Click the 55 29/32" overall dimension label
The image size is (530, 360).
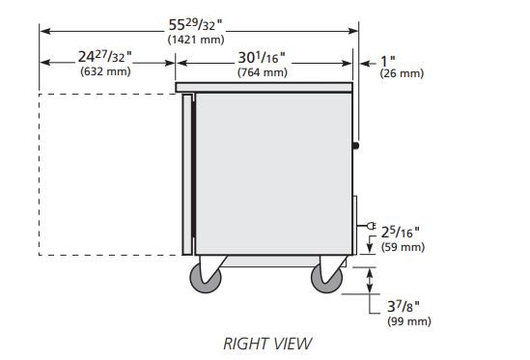coord(195,25)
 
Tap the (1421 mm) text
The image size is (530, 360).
coord(196,40)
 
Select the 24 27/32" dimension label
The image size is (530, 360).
coord(105,56)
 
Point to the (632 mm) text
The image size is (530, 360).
coord(105,71)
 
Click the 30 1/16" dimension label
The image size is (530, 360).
coord(262,58)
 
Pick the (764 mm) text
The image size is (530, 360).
coord(263,72)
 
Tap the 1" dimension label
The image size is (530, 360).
coord(388,62)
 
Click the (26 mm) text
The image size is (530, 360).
coord(402,73)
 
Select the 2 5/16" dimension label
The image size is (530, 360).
coord(401,233)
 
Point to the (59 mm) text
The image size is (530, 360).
coord(403,247)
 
